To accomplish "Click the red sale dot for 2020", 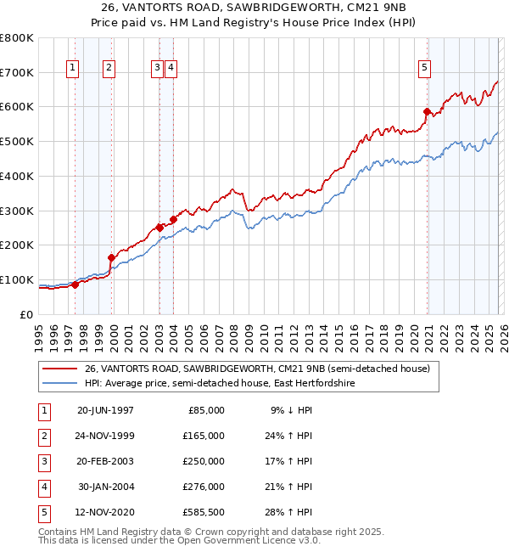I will [427, 110].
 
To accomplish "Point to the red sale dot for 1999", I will [110, 256].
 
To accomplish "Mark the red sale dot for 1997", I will [75, 284].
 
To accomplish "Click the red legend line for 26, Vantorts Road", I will [60, 369].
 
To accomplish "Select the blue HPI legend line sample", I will [60, 384].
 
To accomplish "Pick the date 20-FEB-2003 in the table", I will [105, 461].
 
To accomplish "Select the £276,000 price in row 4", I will [204, 487].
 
